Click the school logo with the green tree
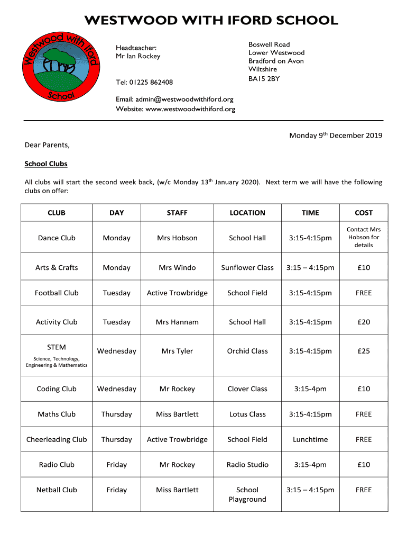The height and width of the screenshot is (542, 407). tap(60, 66)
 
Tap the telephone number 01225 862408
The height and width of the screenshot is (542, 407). tap(156, 82)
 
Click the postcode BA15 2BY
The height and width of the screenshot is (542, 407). tap(264, 79)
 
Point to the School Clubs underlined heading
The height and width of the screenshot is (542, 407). tap(46, 164)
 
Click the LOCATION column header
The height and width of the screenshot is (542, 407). tap(247, 213)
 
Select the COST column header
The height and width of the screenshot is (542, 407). tap(364, 213)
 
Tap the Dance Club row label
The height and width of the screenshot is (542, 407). tap(57, 238)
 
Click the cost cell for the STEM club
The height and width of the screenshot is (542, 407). tap(364, 351)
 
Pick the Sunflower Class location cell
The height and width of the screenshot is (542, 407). tap(247, 267)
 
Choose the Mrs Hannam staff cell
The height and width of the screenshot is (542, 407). tap(177, 322)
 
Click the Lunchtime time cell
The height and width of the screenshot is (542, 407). tap(310, 439)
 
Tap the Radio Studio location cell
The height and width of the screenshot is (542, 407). tap(247, 465)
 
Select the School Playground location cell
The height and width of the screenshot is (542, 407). tap(247, 494)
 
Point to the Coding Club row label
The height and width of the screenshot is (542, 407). tap(57, 389)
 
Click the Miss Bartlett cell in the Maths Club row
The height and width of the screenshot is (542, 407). tap(177, 414)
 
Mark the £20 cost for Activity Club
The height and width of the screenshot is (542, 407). tap(364, 322)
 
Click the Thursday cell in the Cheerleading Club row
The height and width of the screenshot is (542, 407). tap(116, 439)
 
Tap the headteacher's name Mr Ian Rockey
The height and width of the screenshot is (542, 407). tap(138, 56)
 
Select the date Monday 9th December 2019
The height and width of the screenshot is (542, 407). tap(335, 135)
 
